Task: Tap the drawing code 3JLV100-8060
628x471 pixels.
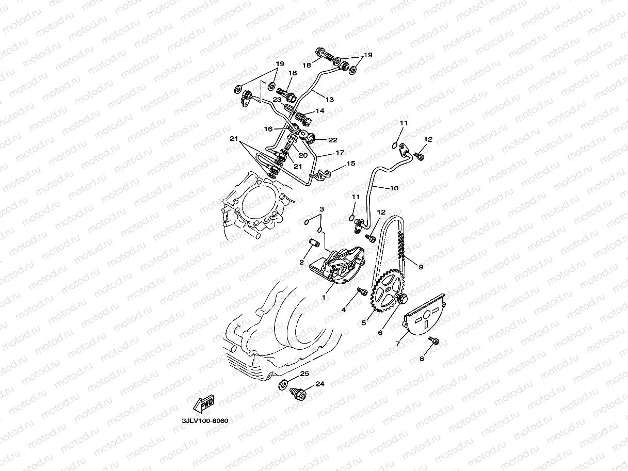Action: click(205, 420)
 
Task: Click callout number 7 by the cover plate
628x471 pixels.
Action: click(398, 343)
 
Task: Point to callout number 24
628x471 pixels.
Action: click(320, 384)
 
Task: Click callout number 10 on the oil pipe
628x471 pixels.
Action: click(394, 188)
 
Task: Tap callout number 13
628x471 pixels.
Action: click(329, 98)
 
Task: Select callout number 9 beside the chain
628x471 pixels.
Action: click(421, 267)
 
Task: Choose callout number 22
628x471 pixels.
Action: click(332, 140)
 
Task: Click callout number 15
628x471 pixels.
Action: click(351, 164)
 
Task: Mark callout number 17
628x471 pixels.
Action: click(340, 153)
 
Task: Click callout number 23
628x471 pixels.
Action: click(277, 100)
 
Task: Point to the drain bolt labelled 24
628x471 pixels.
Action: click(298, 395)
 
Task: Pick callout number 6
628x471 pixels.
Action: click(380, 333)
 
